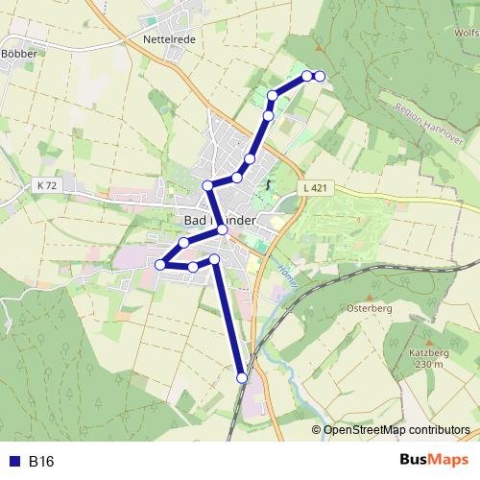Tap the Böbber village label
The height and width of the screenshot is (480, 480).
(x=18, y=53)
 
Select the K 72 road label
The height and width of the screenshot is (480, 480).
(x=45, y=183)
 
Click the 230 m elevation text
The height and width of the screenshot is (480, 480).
(x=428, y=364)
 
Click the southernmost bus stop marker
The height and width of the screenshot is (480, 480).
(x=242, y=378)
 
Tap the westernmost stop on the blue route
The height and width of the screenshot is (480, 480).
(x=160, y=264)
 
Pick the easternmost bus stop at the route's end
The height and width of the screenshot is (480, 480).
(x=320, y=76)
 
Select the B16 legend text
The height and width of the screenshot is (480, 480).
(x=41, y=462)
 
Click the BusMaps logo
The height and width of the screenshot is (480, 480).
(x=433, y=461)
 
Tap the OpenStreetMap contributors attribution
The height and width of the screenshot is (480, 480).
(x=396, y=430)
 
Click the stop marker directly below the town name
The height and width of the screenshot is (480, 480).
(x=222, y=229)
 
